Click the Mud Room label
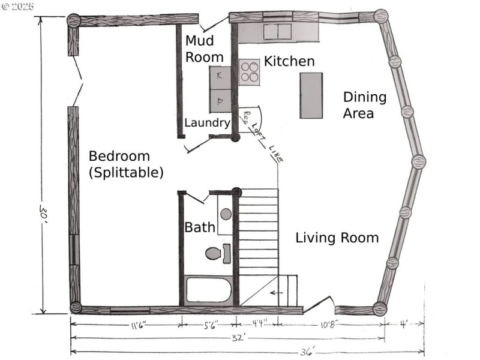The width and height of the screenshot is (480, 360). [204, 49]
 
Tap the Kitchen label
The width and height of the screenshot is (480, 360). [289, 61]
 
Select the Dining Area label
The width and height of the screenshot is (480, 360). [364, 105]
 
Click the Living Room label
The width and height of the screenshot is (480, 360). [337, 238]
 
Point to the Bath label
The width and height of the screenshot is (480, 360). [199, 227]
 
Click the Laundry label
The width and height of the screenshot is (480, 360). [207, 123]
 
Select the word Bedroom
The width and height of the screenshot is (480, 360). [119, 156]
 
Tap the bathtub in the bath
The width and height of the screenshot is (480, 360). [208, 290]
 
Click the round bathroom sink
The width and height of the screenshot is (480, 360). [225, 213]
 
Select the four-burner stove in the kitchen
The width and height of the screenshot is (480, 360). [250, 71]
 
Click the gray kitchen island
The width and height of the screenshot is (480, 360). [311, 95]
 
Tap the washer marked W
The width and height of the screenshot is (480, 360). [220, 77]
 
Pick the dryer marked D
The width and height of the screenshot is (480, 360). [220, 101]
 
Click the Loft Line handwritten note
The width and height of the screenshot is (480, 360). [265, 139]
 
